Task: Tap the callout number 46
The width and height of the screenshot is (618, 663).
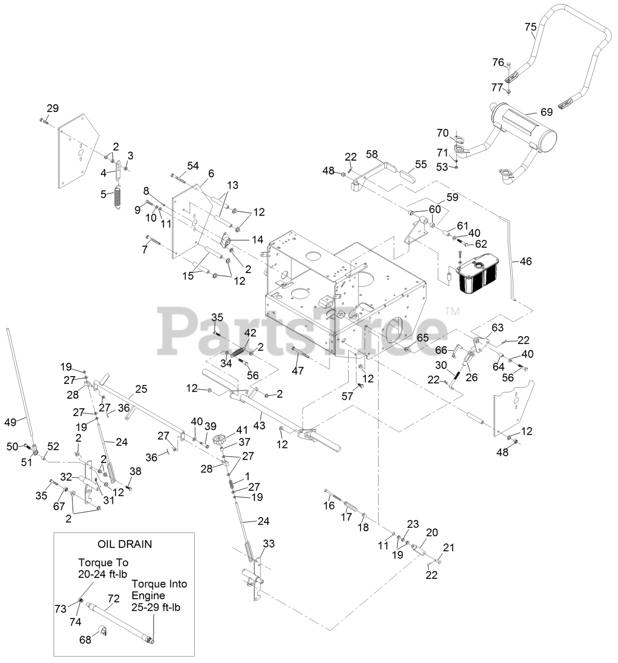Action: (525, 262)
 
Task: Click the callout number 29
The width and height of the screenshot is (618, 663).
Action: (53, 108)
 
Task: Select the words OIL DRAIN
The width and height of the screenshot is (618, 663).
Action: (124, 544)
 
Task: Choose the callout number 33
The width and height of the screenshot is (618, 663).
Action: (269, 544)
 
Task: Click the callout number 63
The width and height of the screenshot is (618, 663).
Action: (497, 328)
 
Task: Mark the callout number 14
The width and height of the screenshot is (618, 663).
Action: (257, 240)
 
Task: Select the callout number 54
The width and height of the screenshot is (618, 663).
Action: (193, 166)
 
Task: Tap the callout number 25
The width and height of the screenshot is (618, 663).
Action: (141, 388)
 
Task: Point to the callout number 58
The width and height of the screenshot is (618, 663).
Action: (372, 154)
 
